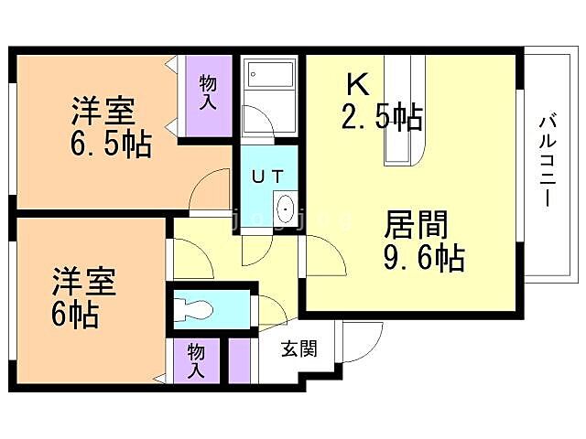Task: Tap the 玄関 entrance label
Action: point(298,348)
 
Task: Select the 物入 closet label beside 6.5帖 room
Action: point(207,91)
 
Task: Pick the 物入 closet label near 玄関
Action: point(197,360)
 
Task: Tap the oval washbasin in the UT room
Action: point(285,210)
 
